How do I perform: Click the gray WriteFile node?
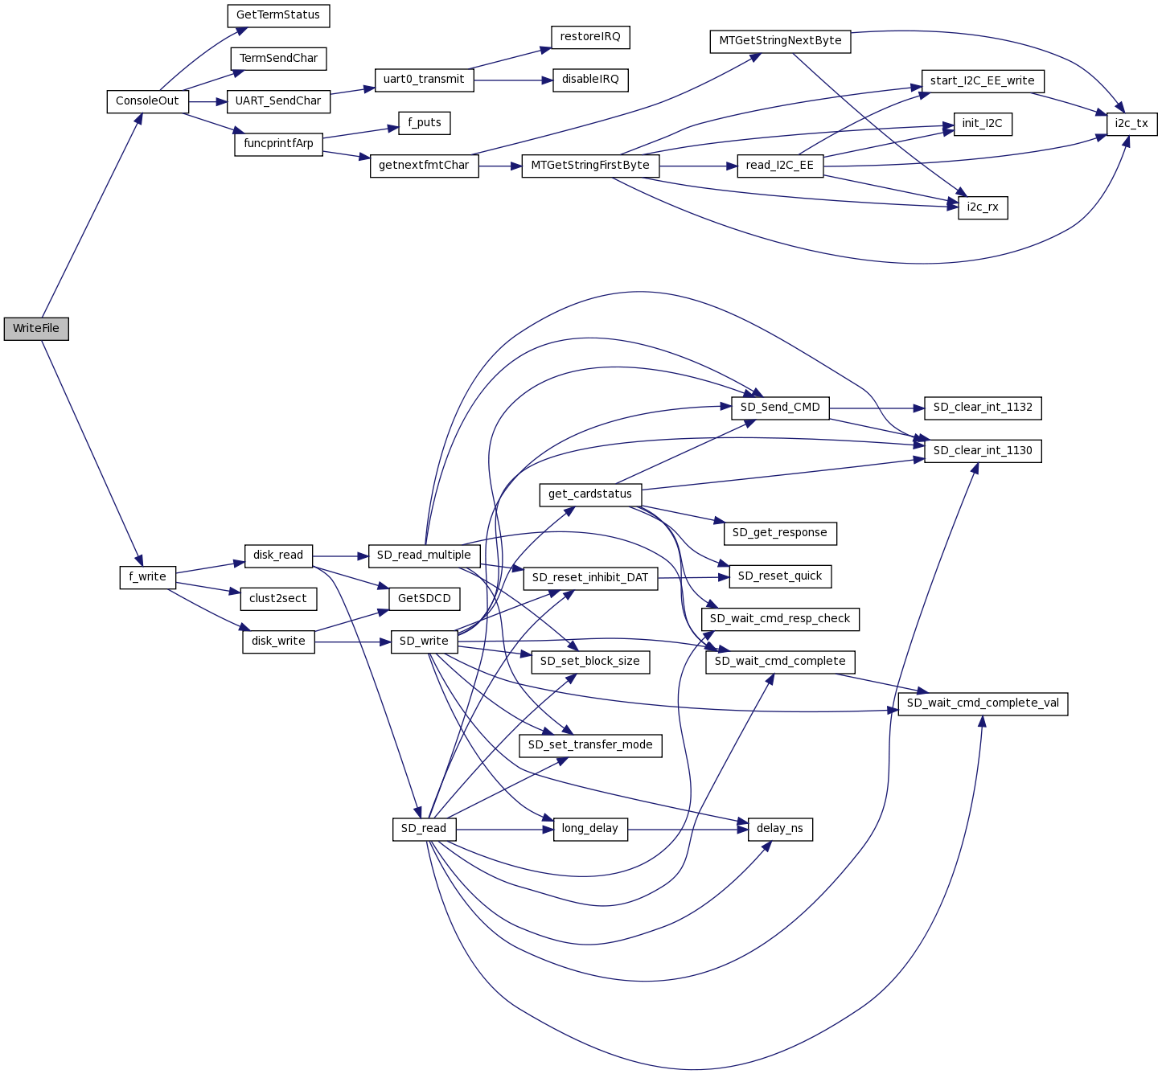coord(36,329)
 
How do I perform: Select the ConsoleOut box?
coord(147,101)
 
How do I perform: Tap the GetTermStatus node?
coord(277,15)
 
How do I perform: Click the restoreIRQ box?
coord(590,37)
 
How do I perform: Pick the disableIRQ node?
coord(590,80)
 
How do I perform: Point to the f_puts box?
coord(425,123)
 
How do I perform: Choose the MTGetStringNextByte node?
coord(780,41)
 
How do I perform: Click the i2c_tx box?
coord(1131,124)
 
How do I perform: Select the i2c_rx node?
coord(983,207)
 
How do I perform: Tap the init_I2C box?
coord(983,124)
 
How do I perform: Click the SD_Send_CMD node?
coord(780,408)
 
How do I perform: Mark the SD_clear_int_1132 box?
coord(983,408)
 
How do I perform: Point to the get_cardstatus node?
coord(590,494)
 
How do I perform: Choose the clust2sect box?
coord(278,599)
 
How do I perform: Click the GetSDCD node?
coord(425,599)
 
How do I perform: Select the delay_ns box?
coord(780,829)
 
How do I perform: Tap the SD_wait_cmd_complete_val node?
coord(983,703)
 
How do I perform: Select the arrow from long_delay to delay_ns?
coord(688,829)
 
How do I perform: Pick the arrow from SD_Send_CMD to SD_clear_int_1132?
coord(877,408)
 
